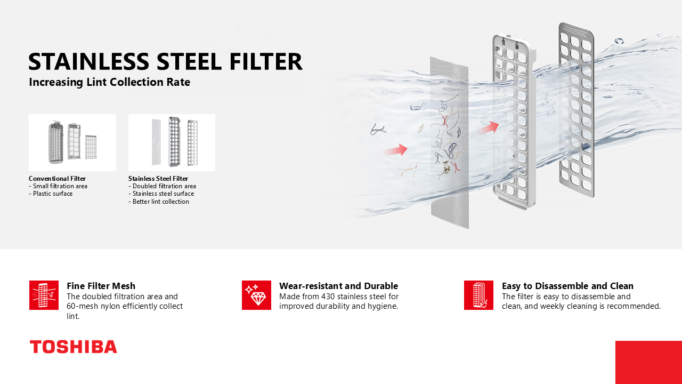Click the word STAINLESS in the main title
[89, 61]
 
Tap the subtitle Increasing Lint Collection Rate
[110, 82]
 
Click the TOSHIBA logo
[74, 347]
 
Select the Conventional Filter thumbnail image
[72, 142]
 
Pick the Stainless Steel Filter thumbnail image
[172, 142]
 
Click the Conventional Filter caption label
[57, 179]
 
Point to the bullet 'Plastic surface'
[51, 194]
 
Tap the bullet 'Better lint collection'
[159, 202]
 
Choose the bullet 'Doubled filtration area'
[163, 186]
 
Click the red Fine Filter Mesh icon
[44, 295]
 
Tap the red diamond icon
[256, 295]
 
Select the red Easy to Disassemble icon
[478, 295]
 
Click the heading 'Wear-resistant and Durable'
[338, 286]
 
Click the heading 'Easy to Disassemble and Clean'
[567, 286]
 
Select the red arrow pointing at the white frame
[489, 127]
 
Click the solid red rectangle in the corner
[648, 362]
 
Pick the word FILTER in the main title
[266, 61]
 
